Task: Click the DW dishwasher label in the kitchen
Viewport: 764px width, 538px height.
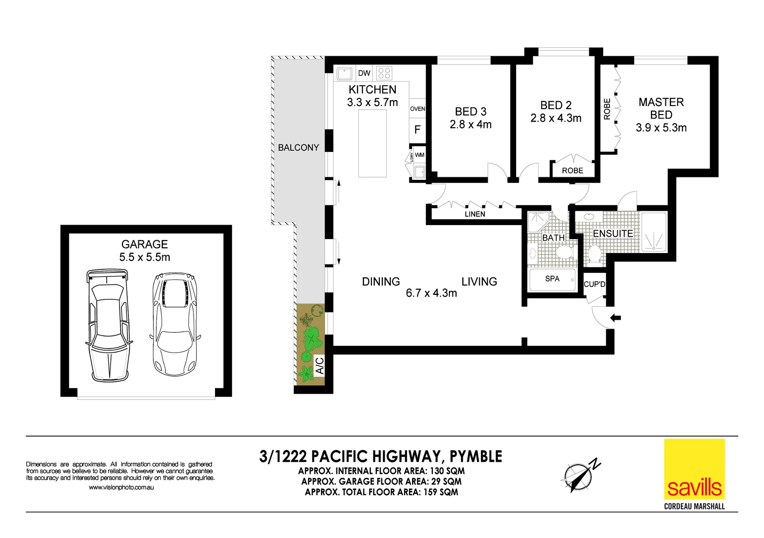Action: point(364,73)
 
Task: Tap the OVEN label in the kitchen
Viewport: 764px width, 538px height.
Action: point(418,109)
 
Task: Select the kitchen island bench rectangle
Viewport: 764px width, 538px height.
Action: point(372,143)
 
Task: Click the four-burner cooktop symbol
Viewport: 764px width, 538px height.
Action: point(384,73)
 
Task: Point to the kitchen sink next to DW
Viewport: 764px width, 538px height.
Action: point(344,74)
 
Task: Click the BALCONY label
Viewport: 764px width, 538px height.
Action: point(298,147)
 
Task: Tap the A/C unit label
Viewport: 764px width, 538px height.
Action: point(320,366)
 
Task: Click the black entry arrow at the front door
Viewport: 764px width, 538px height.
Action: point(616,317)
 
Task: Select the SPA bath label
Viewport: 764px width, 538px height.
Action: point(552,279)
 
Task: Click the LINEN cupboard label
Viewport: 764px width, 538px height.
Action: point(475,214)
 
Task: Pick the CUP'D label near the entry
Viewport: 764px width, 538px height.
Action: point(594,284)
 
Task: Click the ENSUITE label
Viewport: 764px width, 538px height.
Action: point(613,234)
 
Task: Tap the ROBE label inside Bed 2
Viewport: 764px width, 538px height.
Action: point(572,170)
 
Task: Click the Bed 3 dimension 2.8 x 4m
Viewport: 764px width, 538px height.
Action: point(470,125)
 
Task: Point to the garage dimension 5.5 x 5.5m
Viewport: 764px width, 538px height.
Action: point(144,258)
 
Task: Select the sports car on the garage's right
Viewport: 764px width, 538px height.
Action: point(175,324)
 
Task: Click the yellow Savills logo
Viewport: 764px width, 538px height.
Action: point(694,469)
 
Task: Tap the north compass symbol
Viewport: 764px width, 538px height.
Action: point(579,476)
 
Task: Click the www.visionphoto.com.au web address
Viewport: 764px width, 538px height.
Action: point(121,487)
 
